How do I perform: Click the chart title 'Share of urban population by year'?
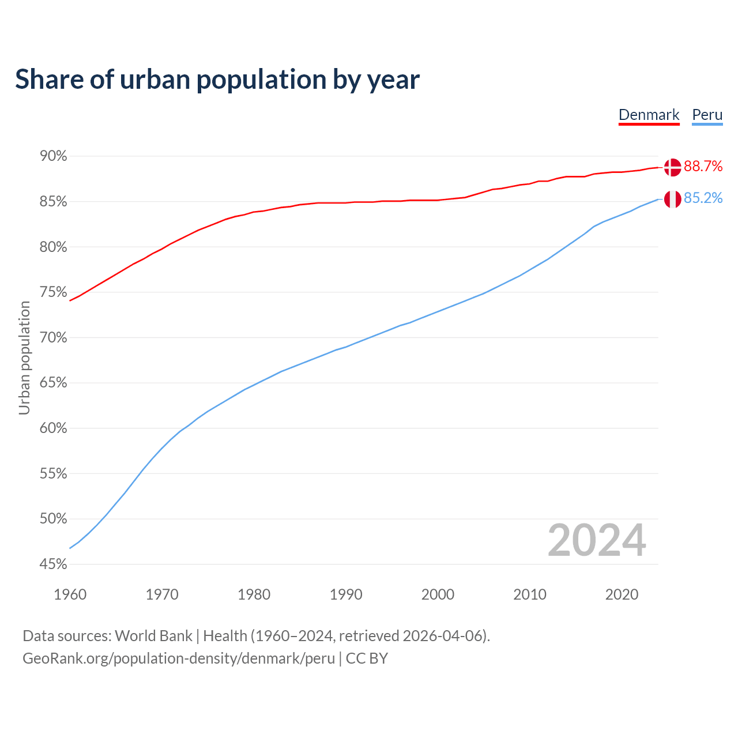(x=217, y=80)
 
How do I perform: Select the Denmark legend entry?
(x=649, y=115)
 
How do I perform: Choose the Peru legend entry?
(x=707, y=115)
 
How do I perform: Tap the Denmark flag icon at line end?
(x=672, y=167)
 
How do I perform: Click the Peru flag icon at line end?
(x=672, y=199)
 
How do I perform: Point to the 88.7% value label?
(x=703, y=167)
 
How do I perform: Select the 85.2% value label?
(x=703, y=198)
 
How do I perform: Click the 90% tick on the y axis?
(x=53, y=156)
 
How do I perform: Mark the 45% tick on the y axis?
(x=53, y=564)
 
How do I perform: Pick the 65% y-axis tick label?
(x=53, y=383)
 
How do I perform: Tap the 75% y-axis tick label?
(x=53, y=292)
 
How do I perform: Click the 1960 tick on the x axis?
(x=70, y=594)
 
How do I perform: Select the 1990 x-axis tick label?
(x=346, y=594)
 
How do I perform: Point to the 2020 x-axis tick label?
(x=622, y=594)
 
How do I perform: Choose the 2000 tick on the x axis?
(x=438, y=594)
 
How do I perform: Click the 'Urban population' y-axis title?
(x=24, y=358)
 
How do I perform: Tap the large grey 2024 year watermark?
(x=597, y=540)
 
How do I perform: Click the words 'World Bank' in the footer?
(x=153, y=636)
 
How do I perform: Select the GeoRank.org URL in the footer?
(x=179, y=658)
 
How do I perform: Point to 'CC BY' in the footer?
(x=367, y=658)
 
